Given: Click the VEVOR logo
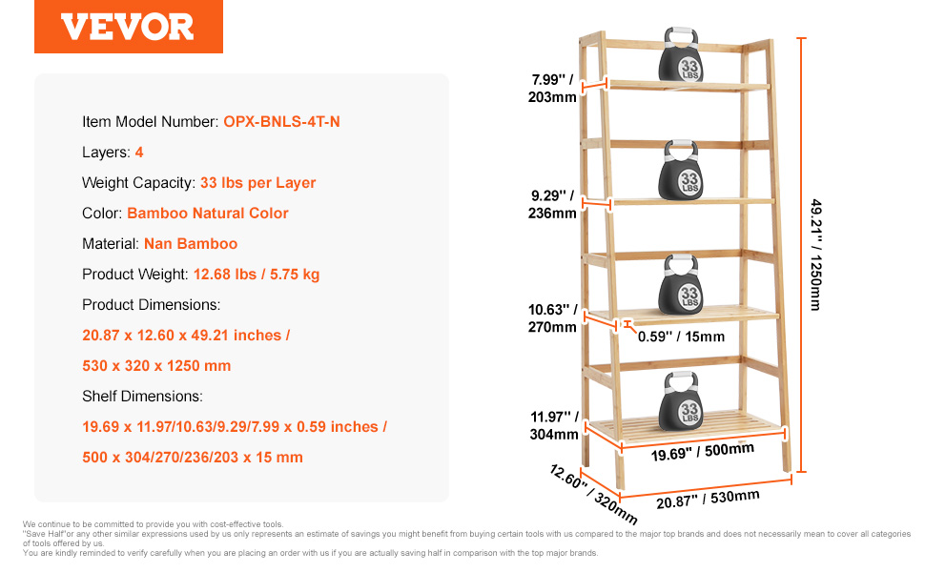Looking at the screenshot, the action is tap(128, 27).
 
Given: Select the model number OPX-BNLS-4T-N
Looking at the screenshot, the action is tap(281, 121).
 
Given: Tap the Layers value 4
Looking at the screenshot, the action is tap(139, 153).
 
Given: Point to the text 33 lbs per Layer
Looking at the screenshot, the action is tap(257, 183).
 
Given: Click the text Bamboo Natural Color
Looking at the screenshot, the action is tap(208, 213).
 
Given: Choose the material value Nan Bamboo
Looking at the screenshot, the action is tap(191, 243).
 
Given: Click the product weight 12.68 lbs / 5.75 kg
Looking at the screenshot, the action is tap(256, 275).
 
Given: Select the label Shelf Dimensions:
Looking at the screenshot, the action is tap(142, 397).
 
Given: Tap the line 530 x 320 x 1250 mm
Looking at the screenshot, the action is tap(156, 366).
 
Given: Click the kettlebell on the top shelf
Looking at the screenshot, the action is tap(681, 54).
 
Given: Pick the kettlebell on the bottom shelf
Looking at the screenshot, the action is tap(681, 400).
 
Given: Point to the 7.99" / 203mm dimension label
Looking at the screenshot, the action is tap(553, 89).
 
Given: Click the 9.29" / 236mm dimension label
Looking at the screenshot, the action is tap(553, 204).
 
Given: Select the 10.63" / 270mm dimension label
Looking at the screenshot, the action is tap(553, 317).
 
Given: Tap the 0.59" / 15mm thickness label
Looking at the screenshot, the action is tap(682, 337).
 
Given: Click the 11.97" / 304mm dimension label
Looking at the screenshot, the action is tap(554, 425).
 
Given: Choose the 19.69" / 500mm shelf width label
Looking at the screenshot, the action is tap(703, 451).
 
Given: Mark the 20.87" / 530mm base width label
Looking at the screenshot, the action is tap(708, 499).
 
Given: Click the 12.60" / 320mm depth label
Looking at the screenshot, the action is tap(593, 494).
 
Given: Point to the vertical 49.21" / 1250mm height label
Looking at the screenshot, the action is tap(816, 255).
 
